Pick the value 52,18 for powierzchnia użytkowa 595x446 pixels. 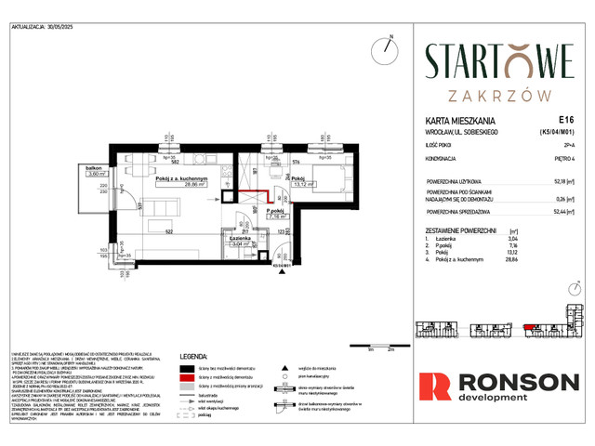[x=560, y=182]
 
